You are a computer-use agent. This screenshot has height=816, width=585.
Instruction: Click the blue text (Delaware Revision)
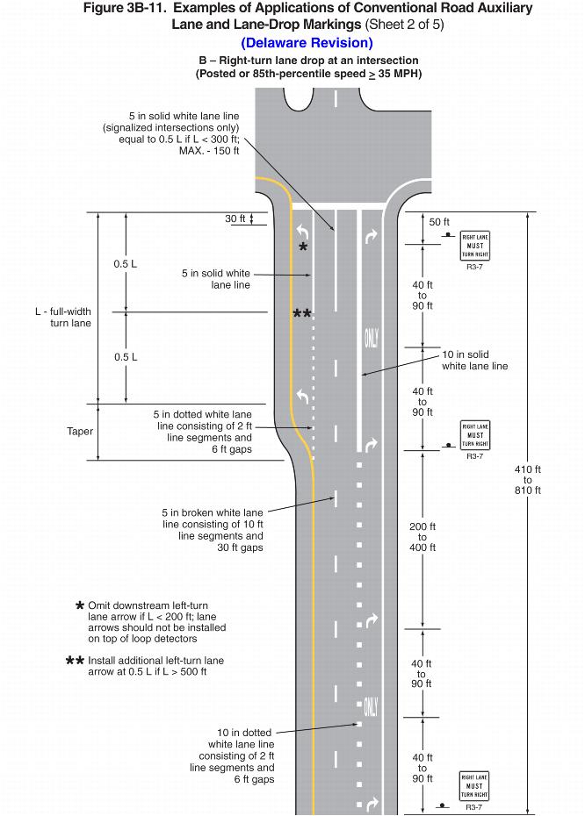coord(307,43)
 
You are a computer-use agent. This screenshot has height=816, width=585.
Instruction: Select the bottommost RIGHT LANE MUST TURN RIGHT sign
coord(474,786)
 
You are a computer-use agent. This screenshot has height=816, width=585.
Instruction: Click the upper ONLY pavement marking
coord(371,337)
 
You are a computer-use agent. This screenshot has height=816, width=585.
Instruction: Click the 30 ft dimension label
coord(235,218)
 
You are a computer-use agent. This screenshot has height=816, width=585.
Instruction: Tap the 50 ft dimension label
coord(439,223)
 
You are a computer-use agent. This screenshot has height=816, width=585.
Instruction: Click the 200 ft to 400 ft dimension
coord(422,537)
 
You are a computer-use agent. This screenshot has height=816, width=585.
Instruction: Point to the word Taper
coord(80,432)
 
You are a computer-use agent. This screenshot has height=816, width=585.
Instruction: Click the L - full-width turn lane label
coord(64,318)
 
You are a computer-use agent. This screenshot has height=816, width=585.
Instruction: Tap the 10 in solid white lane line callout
coord(474,360)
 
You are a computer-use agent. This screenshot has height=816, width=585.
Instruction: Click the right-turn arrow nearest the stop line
coord(370,237)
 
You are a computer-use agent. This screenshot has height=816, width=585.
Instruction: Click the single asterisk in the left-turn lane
coord(303,248)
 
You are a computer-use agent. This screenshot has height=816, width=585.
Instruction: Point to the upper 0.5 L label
coord(126,264)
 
